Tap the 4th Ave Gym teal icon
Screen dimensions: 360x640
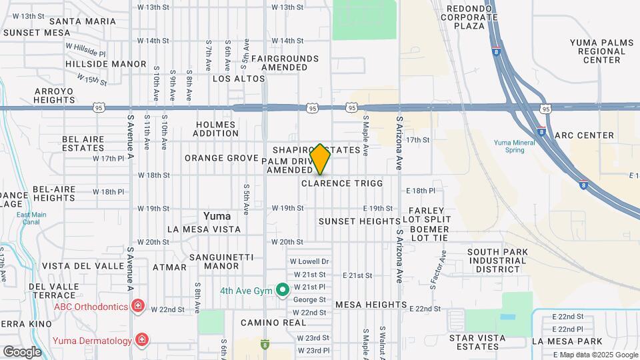[282, 290]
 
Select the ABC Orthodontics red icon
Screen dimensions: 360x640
[138, 306]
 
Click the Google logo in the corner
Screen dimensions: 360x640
[22, 351]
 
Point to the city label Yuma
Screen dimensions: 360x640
[217, 216]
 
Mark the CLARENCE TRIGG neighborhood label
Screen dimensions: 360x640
[343, 183]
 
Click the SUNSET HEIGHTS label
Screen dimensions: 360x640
[359, 221]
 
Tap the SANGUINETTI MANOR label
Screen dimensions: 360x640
[214, 261]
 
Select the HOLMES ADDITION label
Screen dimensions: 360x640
[215, 129]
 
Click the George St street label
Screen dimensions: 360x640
[309, 299]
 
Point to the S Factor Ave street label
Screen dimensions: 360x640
[437, 269]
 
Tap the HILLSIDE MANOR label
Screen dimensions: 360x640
[105, 64]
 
